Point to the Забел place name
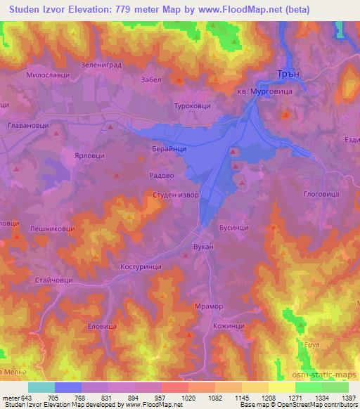point(151,80)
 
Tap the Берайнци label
point(168,150)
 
